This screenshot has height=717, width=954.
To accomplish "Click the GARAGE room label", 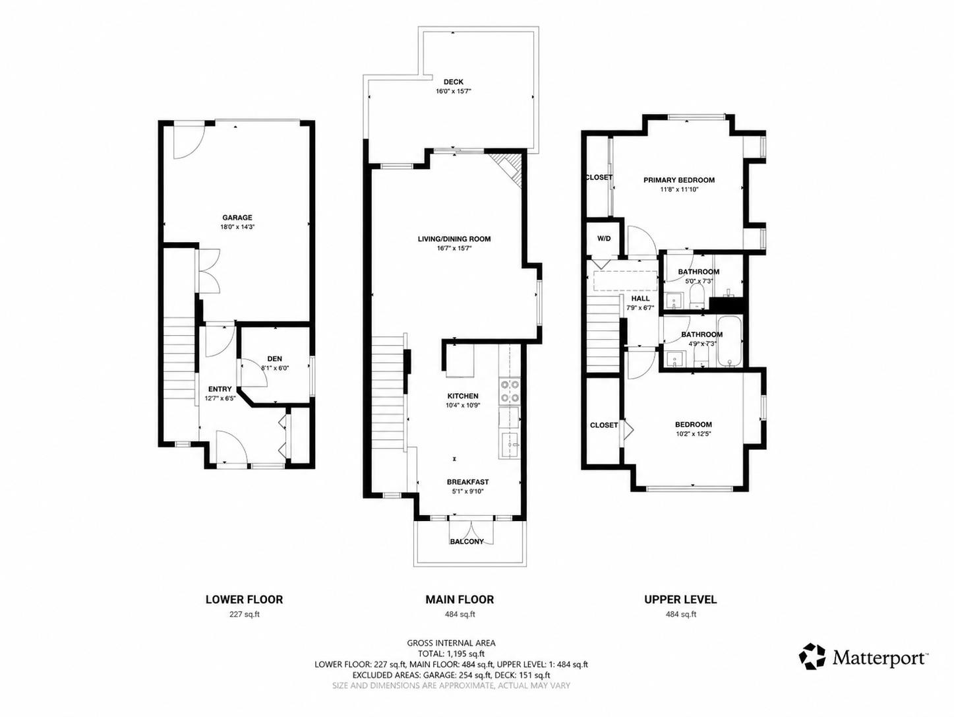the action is (237, 218).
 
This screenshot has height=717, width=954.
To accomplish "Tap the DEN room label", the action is (274, 359).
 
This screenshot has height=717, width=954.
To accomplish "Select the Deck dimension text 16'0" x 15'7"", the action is (454, 91).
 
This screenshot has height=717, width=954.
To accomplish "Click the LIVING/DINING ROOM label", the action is (454, 239).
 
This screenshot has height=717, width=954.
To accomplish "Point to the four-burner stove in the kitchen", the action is (510, 392).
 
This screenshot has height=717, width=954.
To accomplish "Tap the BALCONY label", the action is (467, 542).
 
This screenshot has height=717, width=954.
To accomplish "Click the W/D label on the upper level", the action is (604, 239).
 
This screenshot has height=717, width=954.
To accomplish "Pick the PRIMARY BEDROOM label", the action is (679, 180).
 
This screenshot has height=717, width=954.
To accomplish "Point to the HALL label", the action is (640, 298).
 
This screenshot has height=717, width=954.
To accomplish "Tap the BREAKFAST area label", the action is (467, 482).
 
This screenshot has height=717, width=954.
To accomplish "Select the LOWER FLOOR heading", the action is (244, 600).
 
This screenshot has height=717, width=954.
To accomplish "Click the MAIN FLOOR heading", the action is (460, 600).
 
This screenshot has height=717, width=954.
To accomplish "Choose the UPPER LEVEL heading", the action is (680, 600).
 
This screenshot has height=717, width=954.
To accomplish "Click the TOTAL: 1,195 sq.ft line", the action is (451, 654).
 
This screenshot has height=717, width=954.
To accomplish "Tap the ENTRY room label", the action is (220, 389).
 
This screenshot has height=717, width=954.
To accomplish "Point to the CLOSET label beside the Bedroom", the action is (604, 425).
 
